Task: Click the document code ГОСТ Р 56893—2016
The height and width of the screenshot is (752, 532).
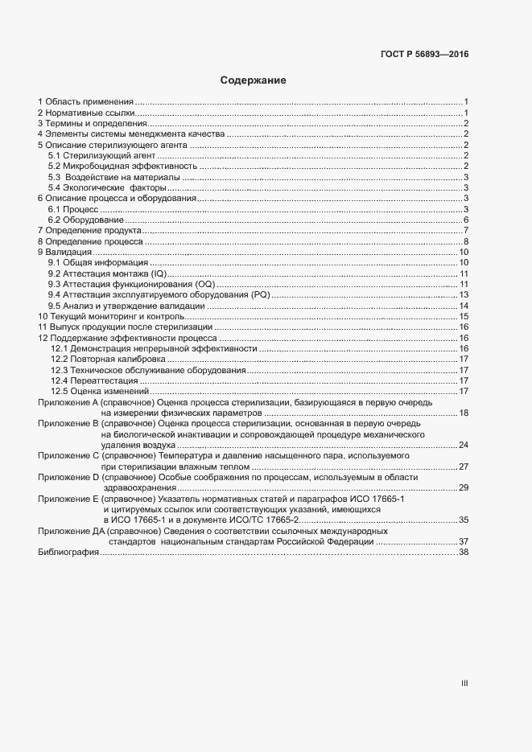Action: (x=423, y=55)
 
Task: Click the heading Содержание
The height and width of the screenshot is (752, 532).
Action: (x=254, y=80)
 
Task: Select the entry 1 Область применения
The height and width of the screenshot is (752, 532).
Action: (x=85, y=101)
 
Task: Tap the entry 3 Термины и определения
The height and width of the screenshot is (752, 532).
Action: (x=93, y=124)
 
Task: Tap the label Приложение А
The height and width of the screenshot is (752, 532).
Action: (x=68, y=401)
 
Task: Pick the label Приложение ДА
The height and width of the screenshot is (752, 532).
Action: (x=71, y=531)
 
